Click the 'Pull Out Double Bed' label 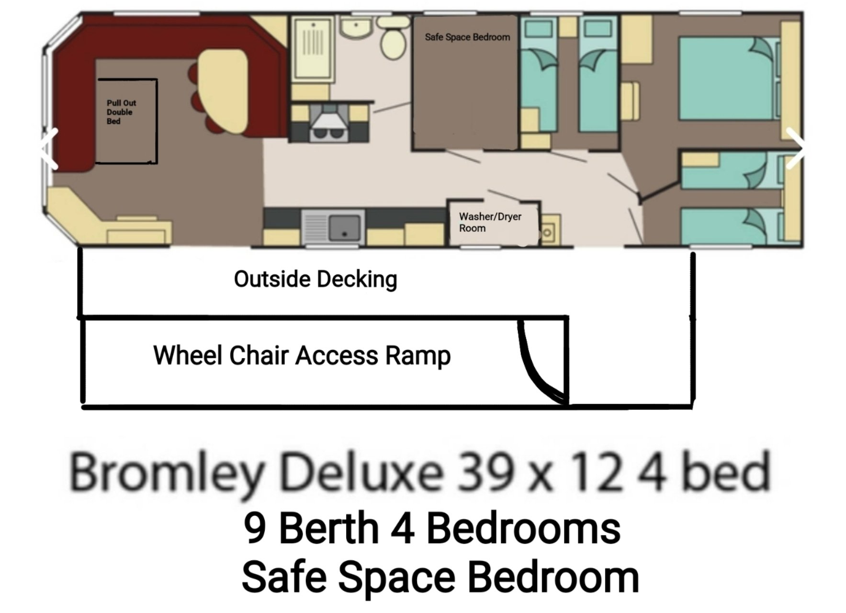(x=121, y=112)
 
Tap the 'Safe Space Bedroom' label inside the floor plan (x=467, y=37)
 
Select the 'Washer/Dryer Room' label (x=490, y=222)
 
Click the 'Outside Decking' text (x=316, y=279)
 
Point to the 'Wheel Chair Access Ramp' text (x=302, y=356)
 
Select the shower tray (x=313, y=48)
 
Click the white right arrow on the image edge (x=795, y=148)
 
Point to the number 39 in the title (x=482, y=472)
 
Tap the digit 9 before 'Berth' (x=255, y=528)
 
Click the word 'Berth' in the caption (x=329, y=528)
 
